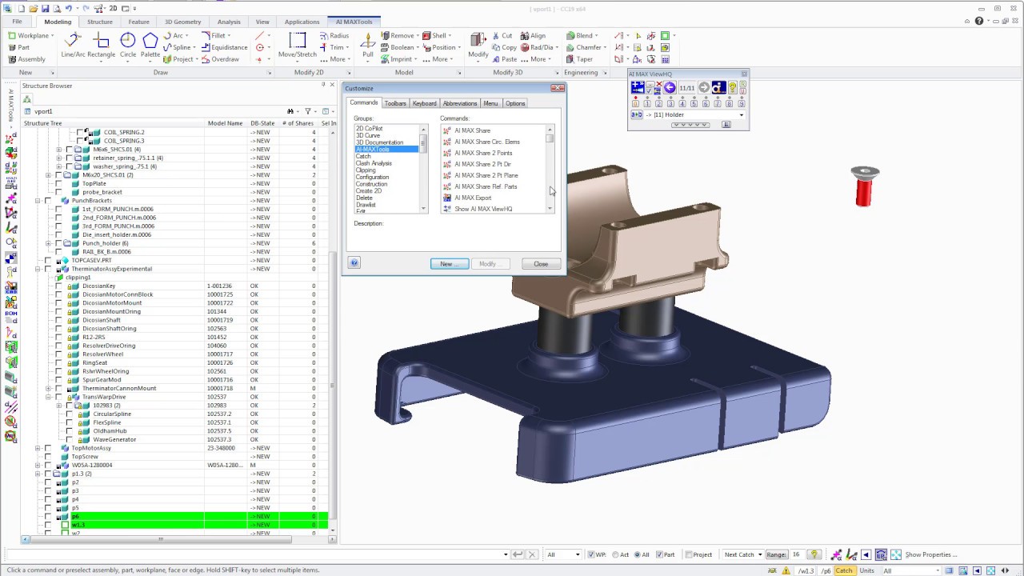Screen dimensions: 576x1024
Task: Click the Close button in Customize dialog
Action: (541, 264)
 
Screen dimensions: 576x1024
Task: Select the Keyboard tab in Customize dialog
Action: (424, 103)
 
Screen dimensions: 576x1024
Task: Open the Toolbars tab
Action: (395, 103)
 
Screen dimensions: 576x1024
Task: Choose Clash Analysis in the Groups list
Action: (374, 163)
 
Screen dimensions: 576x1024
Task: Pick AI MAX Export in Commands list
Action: (473, 198)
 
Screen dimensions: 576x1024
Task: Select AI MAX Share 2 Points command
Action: (483, 153)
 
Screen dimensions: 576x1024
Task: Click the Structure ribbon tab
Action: (100, 22)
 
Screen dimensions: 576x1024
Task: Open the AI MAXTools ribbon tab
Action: (354, 22)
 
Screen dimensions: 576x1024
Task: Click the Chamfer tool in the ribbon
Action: (588, 47)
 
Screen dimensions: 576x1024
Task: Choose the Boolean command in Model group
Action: (402, 47)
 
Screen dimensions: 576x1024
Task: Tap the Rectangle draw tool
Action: (102, 54)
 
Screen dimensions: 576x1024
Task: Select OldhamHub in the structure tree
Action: (110, 431)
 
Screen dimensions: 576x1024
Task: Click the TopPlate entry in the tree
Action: (94, 183)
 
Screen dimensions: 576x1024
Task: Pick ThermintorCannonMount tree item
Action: (119, 389)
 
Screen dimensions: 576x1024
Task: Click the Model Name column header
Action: (225, 123)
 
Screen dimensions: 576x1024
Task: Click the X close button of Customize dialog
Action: (558, 88)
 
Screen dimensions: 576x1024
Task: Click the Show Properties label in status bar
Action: (930, 554)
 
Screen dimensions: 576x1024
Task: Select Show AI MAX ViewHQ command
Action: (483, 209)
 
